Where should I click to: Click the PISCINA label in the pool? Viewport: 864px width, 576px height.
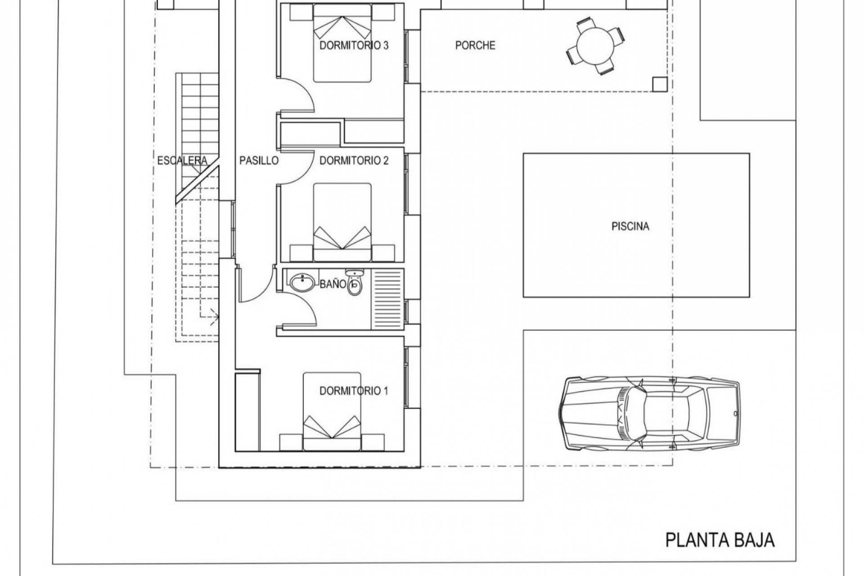pyautogui.click(x=630, y=226)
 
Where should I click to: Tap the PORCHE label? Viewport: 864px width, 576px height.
pyautogui.click(x=475, y=45)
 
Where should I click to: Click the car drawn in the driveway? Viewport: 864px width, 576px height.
pyautogui.click(x=649, y=413)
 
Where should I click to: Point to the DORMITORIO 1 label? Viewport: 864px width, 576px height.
pyautogui.click(x=353, y=391)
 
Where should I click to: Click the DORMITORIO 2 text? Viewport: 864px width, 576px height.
pyautogui.click(x=354, y=161)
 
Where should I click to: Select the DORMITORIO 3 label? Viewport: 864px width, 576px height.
pyautogui.click(x=354, y=45)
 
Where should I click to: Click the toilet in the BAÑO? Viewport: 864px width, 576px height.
pyautogui.click(x=355, y=282)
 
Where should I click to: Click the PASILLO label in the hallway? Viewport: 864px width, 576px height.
pyautogui.click(x=259, y=161)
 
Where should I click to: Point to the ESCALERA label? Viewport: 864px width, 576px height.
pyautogui.click(x=182, y=161)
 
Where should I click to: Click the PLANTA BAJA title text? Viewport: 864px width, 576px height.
pyautogui.click(x=720, y=539)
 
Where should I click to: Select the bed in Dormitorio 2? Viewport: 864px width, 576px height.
pyautogui.click(x=342, y=222)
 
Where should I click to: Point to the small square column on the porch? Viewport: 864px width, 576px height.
pyautogui.click(x=660, y=84)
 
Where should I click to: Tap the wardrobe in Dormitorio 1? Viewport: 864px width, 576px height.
pyautogui.click(x=247, y=410)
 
